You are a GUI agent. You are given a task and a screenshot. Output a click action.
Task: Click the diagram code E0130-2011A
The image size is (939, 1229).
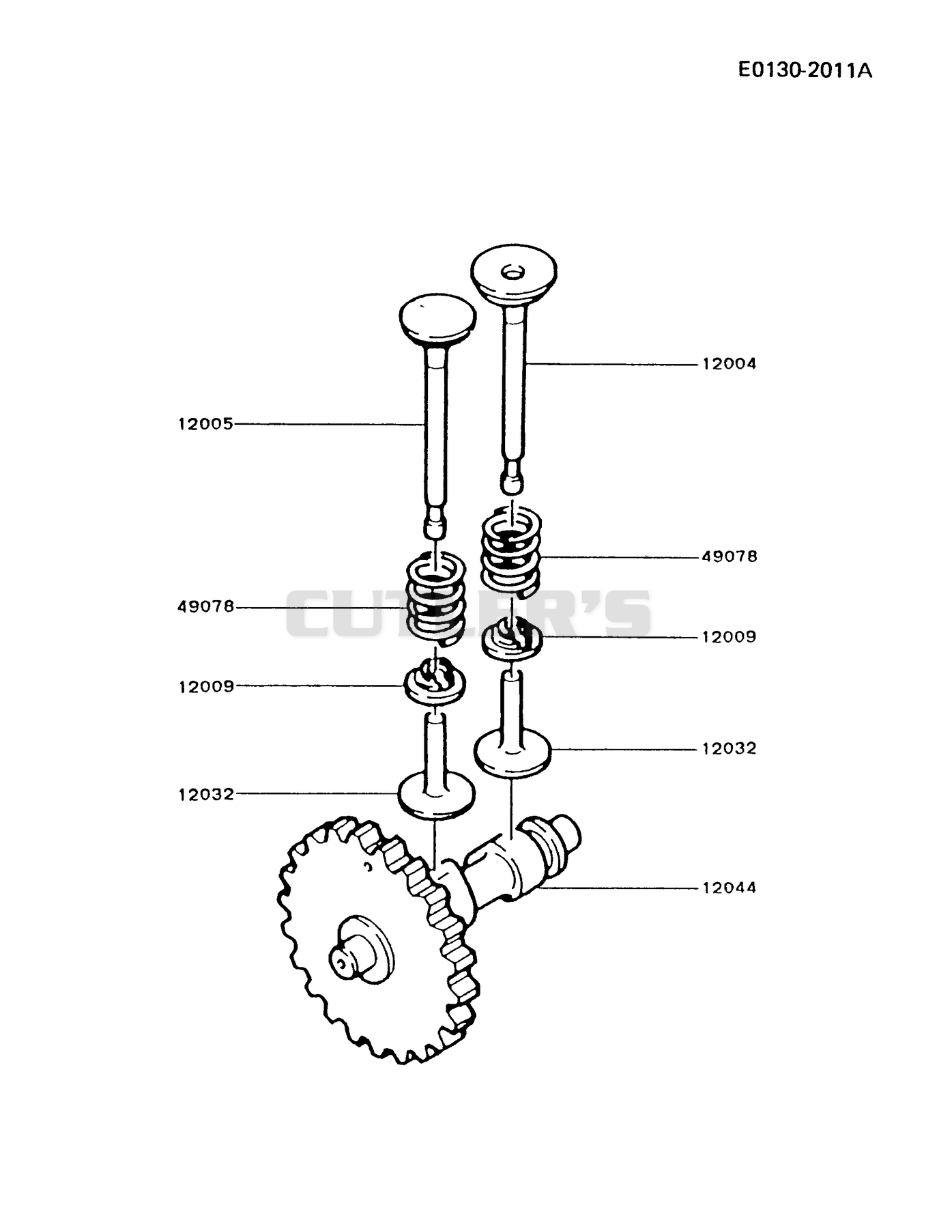click(805, 70)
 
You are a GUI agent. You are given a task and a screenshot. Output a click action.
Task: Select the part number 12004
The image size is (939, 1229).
click(729, 364)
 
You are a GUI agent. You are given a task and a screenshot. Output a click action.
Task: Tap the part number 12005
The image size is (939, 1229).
click(205, 424)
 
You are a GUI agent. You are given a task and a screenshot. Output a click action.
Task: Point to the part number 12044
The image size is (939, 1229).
click(729, 888)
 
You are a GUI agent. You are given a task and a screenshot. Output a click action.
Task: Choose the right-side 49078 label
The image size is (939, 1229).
click(729, 556)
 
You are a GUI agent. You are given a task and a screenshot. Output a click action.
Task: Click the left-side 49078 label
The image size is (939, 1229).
click(205, 606)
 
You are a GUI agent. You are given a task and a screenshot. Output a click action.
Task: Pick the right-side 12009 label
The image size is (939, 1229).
click(729, 637)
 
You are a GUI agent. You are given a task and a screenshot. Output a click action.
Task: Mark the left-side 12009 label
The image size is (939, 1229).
click(206, 687)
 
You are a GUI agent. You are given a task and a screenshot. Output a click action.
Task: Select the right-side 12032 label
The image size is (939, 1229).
click(729, 748)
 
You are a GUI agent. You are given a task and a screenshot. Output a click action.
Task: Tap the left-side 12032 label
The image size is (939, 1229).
click(206, 794)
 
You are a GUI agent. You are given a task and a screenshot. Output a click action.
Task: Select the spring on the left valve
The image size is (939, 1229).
click(436, 599)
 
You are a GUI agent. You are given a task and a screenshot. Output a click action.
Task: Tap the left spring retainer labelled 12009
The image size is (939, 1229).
click(436, 681)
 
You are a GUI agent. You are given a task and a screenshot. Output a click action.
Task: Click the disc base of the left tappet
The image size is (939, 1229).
click(437, 795)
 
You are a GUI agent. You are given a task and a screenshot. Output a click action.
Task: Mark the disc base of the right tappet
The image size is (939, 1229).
click(512, 753)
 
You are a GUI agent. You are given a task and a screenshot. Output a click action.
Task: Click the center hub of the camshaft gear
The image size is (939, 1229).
click(361, 949)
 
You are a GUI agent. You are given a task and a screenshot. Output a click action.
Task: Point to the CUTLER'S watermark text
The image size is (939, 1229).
click(468, 613)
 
